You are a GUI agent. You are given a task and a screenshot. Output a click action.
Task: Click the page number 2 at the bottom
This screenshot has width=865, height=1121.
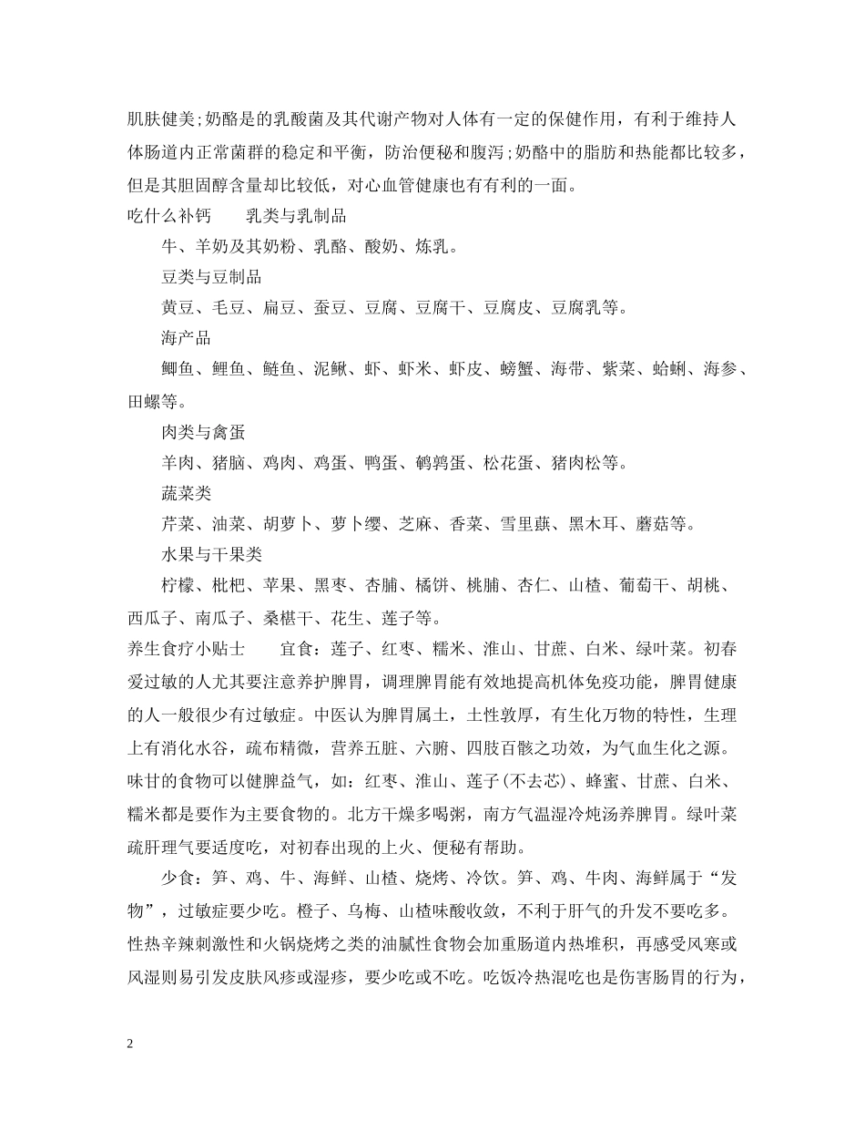click(131, 1044)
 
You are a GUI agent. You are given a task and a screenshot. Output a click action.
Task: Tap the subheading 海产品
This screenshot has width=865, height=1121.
click(186, 338)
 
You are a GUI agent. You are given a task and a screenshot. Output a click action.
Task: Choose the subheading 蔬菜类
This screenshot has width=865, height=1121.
click(186, 493)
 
